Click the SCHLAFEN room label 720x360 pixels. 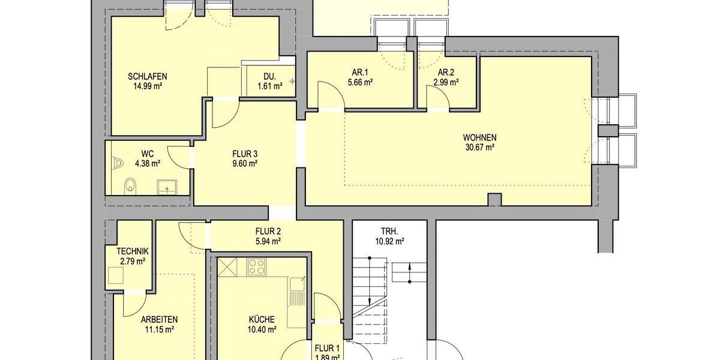pyautogui.click(x=147, y=76)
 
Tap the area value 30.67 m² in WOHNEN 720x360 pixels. pyautogui.click(x=479, y=146)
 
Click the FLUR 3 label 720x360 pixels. pyautogui.click(x=245, y=153)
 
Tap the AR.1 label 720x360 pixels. pyautogui.click(x=360, y=73)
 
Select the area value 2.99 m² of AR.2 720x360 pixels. pyautogui.click(x=447, y=83)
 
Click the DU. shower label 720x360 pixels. pyautogui.click(x=269, y=76)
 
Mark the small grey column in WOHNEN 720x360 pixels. pyautogui.click(x=494, y=199)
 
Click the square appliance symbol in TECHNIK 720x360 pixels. pyautogui.click(x=116, y=276)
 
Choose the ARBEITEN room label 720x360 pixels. pyautogui.click(x=159, y=319)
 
